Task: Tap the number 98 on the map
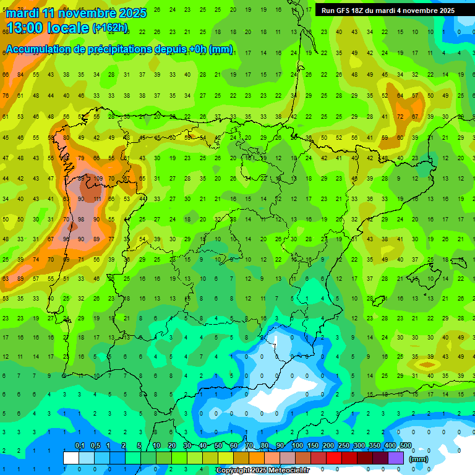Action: [x=80, y=220]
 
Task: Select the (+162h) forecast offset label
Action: [x=109, y=28]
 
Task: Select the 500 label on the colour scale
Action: [x=406, y=446]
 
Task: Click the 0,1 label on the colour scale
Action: [x=80, y=446]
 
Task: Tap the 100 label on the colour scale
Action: [x=297, y=446]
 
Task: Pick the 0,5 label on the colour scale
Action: [x=95, y=446]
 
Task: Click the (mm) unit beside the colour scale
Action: [x=419, y=459]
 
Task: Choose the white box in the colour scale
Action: [x=71, y=458]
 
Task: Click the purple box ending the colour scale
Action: [x=396, y=458]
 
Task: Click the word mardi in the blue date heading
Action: [x=24, y=13]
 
